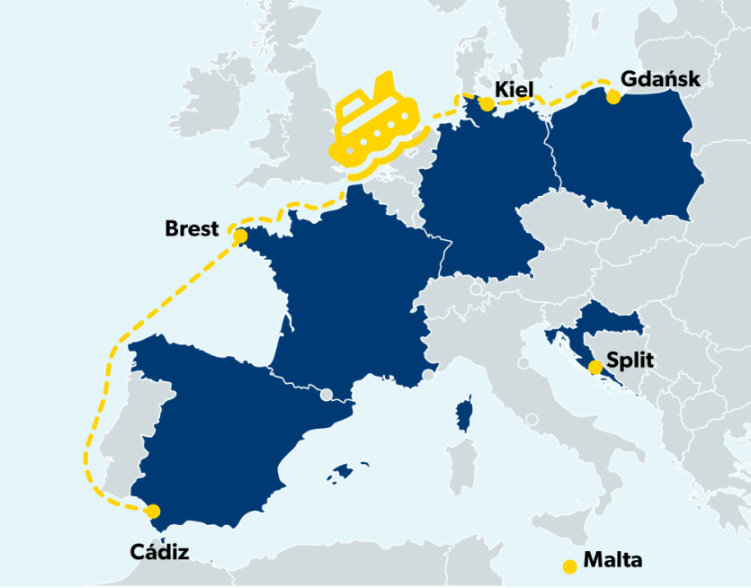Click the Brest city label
pyautogui.click(x=192, y=229)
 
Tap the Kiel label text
pyautogui.click(x=514, y=89)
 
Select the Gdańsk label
pyautogui.click(x=659, y=80)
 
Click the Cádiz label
pyautogui.click(x=159, y=551)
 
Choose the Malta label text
pyautogui.click(x=613, y=560)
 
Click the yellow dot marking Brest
pyautogui.click(x=240, y=236)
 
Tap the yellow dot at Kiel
pyautogui.click(x=487, y=104)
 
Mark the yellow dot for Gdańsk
pyautogui.click(x=613, y=97)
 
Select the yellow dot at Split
pyautogui.click(x=595, y=367)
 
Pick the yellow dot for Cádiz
pyautogui.click(x=153, y=512)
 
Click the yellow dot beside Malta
pyautogui.click(x=568, y=566)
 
